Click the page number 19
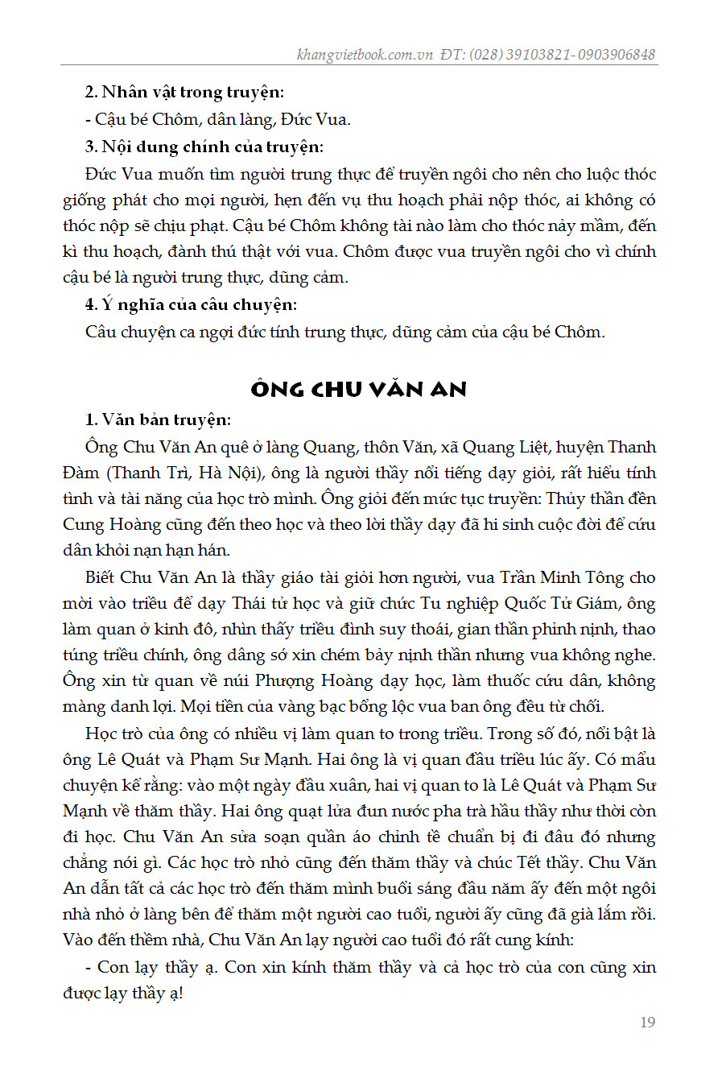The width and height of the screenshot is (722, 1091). point(647,1023)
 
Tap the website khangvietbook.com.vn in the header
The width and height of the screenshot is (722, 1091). point(365,55)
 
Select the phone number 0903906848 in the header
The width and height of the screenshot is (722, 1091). point(616,55)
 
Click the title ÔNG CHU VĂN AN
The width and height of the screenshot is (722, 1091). point(359,390)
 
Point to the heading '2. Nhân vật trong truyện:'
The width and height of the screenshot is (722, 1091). point(184,93)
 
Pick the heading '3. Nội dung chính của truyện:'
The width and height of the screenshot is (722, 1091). point(204,147)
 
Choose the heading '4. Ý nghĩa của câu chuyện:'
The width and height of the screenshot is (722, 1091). point(191,304)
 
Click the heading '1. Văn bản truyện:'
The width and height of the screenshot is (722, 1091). point(158,419)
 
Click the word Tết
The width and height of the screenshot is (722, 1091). point(529,862)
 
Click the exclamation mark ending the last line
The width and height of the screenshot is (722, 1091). point(180,994)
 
